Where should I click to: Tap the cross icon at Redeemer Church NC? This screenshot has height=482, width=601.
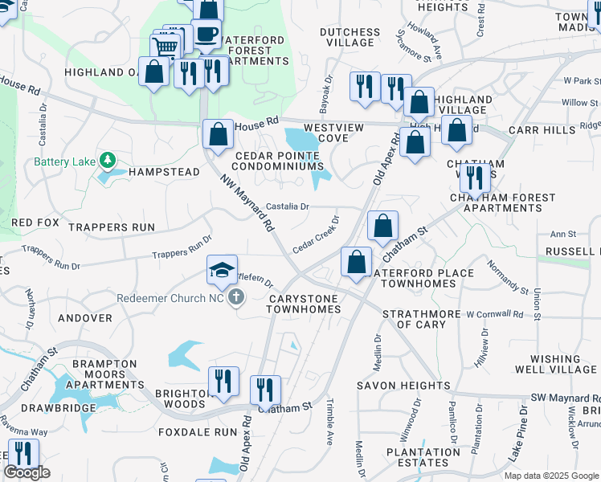[x=235, y=298]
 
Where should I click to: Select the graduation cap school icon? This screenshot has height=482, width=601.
[x=223, y=270]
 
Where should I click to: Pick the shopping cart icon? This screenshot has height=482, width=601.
[x=166, y=46]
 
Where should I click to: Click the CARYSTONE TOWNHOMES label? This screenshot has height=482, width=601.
[x=304, y=304]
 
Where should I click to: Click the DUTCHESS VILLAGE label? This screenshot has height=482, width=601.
[x=350, y=38]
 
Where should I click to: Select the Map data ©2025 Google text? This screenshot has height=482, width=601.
[x=551, y=476]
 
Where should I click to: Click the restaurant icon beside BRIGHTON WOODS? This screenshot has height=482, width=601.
[x=223, y=381]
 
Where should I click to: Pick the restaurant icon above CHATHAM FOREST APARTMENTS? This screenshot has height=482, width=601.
[x=475, y=178]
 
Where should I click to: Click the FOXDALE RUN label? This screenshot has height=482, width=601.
[x=193, y=431]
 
